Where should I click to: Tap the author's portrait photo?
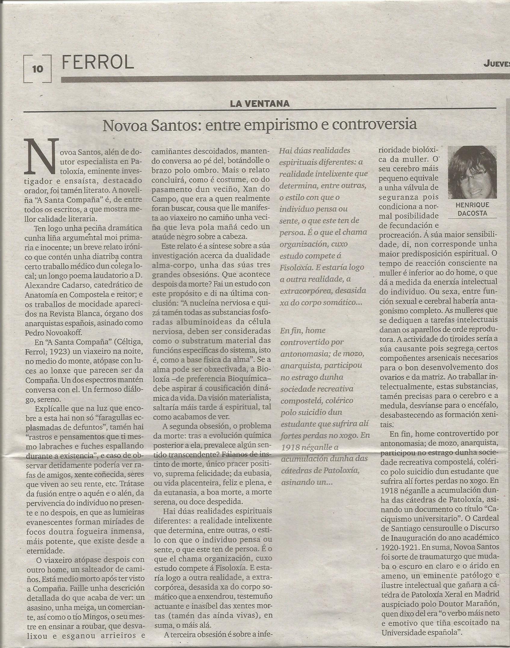pos(472,172)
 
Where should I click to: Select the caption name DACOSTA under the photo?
pos(472,214)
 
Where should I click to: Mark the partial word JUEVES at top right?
pos(497,64)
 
